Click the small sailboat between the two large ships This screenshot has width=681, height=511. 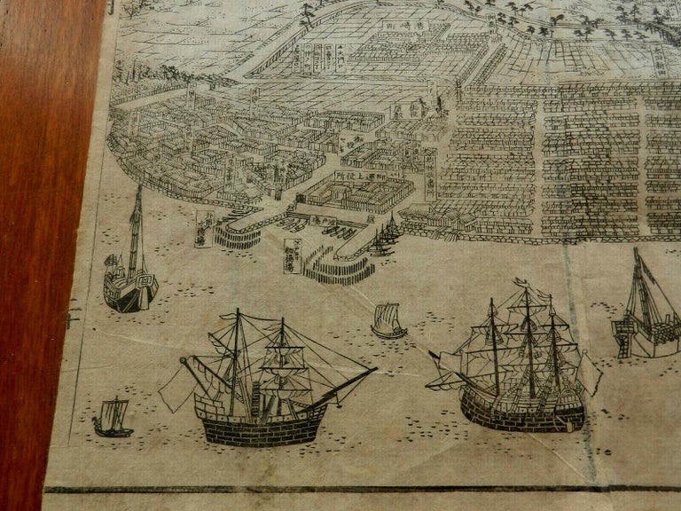click(388, 320)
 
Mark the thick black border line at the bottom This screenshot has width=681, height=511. click(355, 489)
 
